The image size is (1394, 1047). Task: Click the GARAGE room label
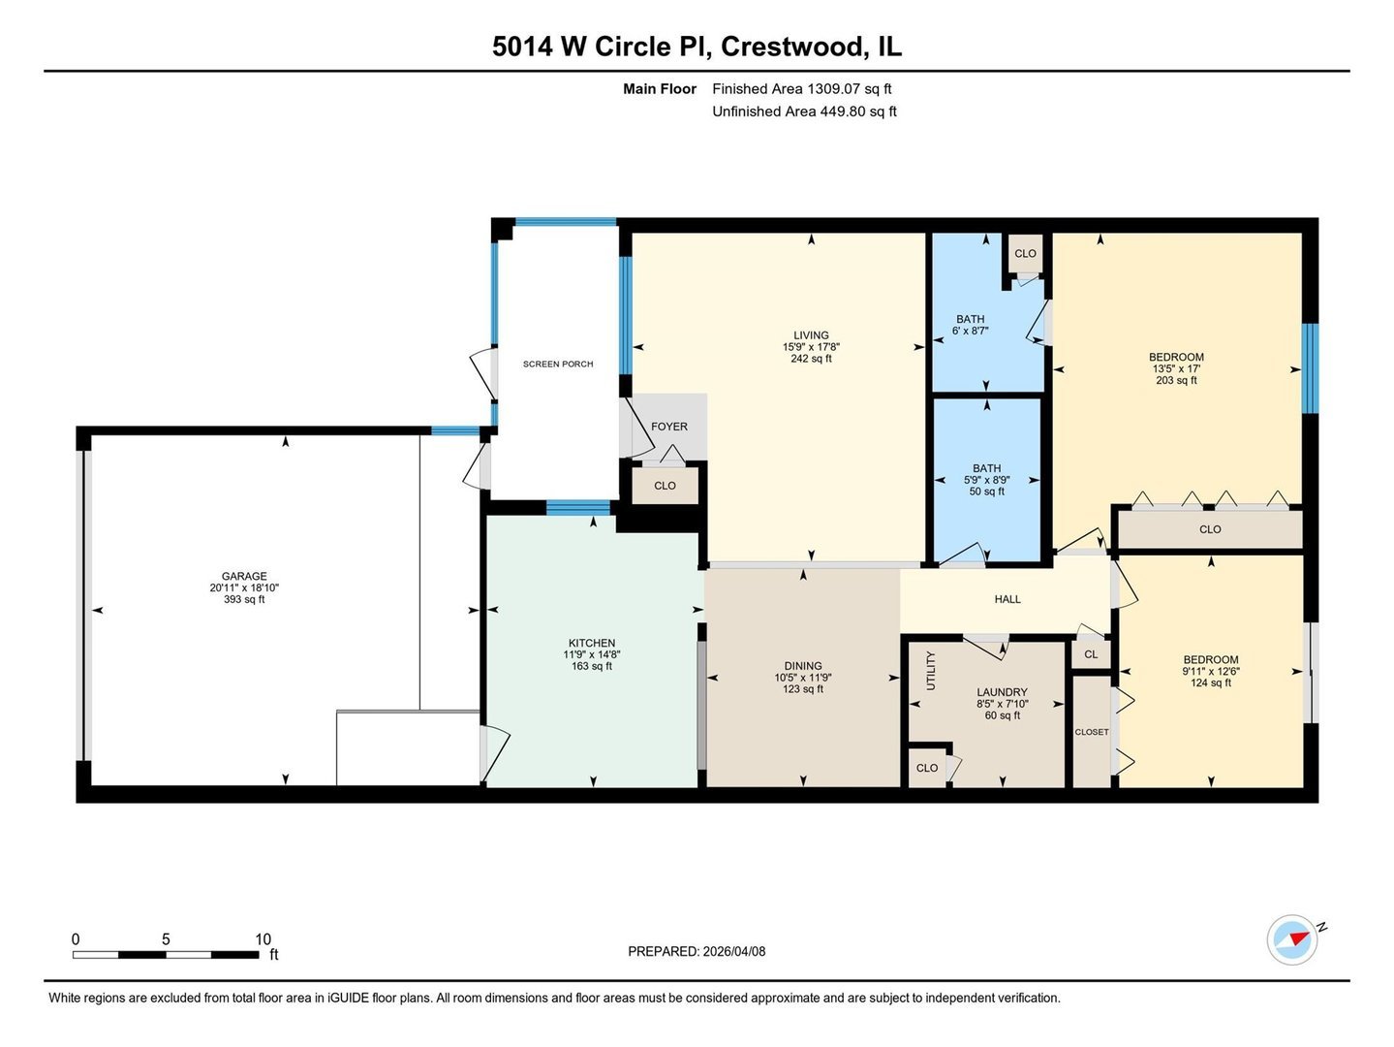[x=244, y=576]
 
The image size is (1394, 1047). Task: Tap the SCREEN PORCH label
[x=558, y=365]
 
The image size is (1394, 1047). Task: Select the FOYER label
[x=669, y=427]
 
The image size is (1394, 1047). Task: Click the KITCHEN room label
[x=592, y=643]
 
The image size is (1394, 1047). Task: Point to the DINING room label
[x=803, y=666]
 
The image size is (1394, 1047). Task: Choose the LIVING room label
[x=811, y=335]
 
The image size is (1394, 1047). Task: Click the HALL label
[x=1007, y=599]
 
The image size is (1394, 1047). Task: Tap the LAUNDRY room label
[x=1002, y=692]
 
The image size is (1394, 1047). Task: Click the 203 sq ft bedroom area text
[x=1176, y=381]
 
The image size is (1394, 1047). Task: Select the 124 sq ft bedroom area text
[x=1210, y=683]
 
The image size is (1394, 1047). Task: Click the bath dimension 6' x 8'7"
[x=970, y=332]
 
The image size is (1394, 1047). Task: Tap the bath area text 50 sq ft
[x=986, y=492]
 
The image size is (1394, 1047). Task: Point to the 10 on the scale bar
[x=263, y=939]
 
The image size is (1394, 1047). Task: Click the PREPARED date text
[x=697, y=952]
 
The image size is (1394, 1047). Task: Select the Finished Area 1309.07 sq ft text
[x=801, y=89]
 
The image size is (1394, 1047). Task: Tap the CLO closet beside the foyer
[x=665, y=486]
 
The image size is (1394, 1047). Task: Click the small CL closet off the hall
[x=1091, y=654]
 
